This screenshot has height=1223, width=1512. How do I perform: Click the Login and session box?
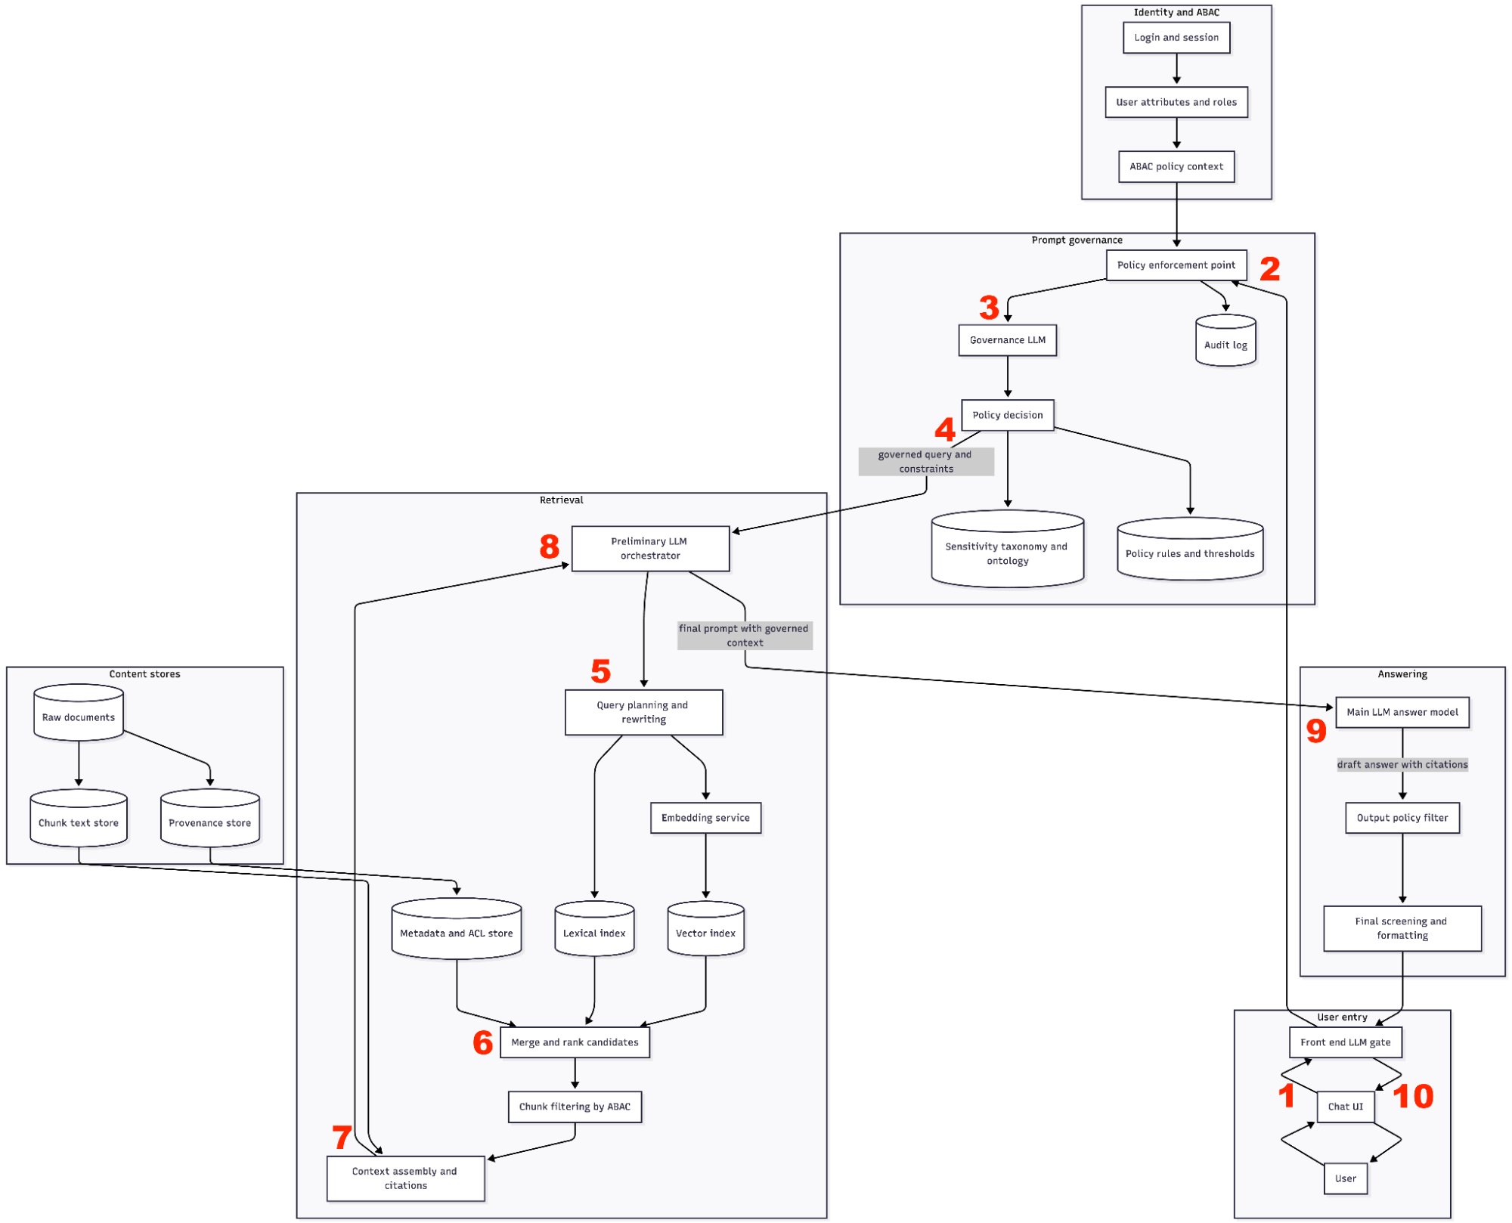coord(1176,38)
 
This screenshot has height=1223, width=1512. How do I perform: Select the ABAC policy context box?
coord(1176,167)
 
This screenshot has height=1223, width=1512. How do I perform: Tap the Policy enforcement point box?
coord(1176,265)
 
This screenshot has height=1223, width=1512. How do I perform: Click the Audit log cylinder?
coord(1225,342)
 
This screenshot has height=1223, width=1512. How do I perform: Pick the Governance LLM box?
coord(1008,340)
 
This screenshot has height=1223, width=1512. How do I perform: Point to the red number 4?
coord(945,430)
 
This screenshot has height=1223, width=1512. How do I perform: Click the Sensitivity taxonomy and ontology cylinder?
coord(1008,550)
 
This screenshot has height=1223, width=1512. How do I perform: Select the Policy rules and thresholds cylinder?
coord(1190,550)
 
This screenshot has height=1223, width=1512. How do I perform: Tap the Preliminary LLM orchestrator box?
coord(650,549)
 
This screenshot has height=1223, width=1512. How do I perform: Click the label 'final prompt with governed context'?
coord(745,636)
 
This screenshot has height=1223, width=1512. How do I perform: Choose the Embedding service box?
coord(705,818)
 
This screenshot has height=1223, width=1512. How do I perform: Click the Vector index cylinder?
coord(705,930)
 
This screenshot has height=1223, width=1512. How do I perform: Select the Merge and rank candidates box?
coord(575,1042)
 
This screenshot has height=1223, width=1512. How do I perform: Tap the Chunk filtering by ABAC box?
coord(575,1107)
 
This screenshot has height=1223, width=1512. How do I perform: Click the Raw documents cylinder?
coord(79,714)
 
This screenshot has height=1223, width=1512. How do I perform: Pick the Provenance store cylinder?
coord(210,819)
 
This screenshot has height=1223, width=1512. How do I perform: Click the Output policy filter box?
coord(1402,818)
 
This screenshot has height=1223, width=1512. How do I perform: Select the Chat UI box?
coord(1346,1107)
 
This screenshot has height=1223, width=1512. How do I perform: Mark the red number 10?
coord(1413,1097)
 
